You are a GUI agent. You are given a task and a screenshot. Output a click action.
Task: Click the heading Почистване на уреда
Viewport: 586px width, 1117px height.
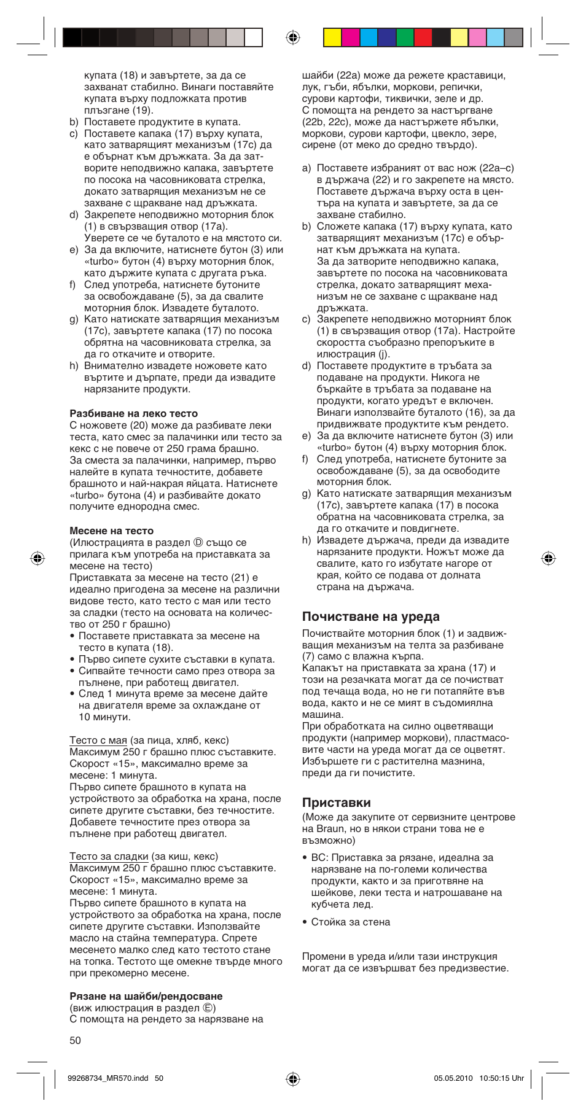[370, 617]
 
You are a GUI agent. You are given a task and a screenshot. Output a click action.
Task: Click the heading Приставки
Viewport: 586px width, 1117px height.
[336, 802]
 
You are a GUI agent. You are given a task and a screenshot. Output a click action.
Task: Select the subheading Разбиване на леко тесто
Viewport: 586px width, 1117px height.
[133, 413]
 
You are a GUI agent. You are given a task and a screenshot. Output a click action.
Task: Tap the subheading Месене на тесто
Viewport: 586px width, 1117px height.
[111, 531]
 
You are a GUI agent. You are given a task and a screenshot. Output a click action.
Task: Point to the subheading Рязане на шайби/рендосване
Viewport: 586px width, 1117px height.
[146, 996]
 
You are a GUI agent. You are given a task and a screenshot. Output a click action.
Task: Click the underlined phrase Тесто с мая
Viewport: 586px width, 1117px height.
[98, 740]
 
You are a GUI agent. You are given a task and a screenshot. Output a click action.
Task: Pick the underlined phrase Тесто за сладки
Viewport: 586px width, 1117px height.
[109, 856]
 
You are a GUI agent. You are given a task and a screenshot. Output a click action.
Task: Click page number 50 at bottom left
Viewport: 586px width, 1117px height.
[75, 1040]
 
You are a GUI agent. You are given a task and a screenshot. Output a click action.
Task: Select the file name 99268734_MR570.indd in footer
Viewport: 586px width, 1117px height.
[107, 1078]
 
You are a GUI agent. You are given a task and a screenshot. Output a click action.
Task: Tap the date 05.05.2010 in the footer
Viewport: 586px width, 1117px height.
[453, 1078]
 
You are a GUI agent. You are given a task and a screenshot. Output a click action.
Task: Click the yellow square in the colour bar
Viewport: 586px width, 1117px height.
[332, 38]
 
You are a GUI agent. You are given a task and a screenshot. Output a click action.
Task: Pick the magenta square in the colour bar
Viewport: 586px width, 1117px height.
[351, 38]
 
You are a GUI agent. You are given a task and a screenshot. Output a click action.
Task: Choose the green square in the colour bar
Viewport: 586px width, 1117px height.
[405, 38]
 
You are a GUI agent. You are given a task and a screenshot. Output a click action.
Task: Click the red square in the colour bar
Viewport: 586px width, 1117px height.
[423, 38]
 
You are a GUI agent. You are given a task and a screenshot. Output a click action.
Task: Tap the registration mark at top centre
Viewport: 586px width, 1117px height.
[293, 38]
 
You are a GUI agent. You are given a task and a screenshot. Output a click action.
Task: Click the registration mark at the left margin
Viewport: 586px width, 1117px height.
[37, 558]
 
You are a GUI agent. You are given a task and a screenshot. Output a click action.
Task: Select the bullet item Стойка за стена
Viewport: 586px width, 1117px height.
[350, 922]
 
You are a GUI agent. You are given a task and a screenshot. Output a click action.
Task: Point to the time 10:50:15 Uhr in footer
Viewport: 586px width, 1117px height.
[501, 1078]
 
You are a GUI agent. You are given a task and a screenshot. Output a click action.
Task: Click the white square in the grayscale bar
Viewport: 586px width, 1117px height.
[254, 38]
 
